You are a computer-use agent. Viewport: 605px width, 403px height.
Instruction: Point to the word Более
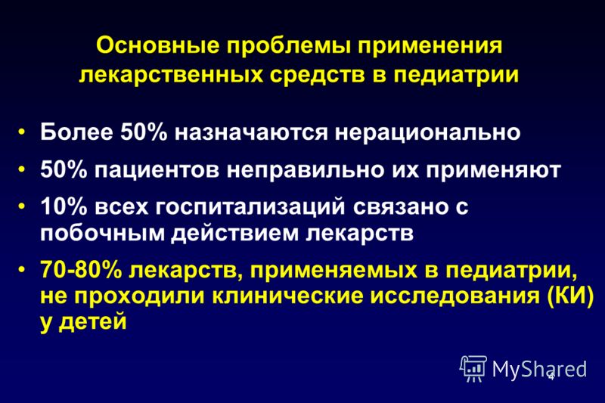tap(76, 132)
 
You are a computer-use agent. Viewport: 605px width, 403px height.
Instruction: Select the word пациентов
tap(157, 171)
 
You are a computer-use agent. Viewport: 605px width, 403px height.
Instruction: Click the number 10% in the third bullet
tap(64, 206)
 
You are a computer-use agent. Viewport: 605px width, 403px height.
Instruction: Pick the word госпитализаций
tap(250, 207)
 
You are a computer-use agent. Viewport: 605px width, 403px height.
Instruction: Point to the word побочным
tap(103, 233)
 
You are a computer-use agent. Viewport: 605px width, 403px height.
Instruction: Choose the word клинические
tap(288, 296)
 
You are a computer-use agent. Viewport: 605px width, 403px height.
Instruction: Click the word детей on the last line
tap(92, 322)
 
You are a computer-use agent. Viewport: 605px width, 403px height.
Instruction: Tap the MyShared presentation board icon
tap(473, 368)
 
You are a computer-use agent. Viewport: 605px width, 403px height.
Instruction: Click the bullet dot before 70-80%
tap(22, 268)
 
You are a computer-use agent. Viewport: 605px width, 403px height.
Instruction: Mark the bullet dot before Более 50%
tap(22, 132)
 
